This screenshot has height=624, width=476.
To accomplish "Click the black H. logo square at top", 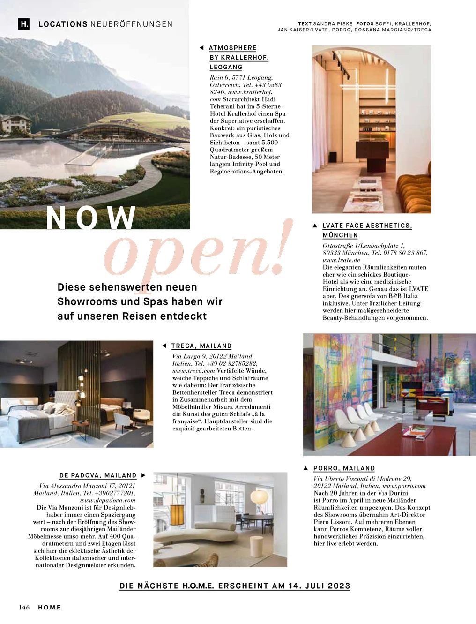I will point(24,24).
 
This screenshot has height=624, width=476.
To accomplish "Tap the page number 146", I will point(24,608).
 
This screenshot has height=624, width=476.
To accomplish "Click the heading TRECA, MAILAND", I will point(201,346).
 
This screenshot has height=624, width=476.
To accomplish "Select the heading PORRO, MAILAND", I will point(344,468).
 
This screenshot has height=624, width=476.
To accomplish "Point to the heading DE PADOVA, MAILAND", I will point(98,475).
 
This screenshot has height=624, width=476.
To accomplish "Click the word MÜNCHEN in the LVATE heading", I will point(340,235).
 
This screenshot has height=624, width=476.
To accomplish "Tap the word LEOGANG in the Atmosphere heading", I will point(226,67).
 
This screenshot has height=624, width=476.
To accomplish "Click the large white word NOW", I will point(91,218).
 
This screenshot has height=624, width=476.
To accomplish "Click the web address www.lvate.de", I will point(342,260).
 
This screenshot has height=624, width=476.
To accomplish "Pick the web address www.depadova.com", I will point(108,500).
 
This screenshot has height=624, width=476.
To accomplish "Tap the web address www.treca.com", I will point(193,371).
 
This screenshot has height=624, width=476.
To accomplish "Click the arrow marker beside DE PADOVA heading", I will point(143,475).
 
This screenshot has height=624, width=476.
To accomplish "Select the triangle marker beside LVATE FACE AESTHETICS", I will point(315,226).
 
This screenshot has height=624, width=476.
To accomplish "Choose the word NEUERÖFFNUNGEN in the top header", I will point(131,24).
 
